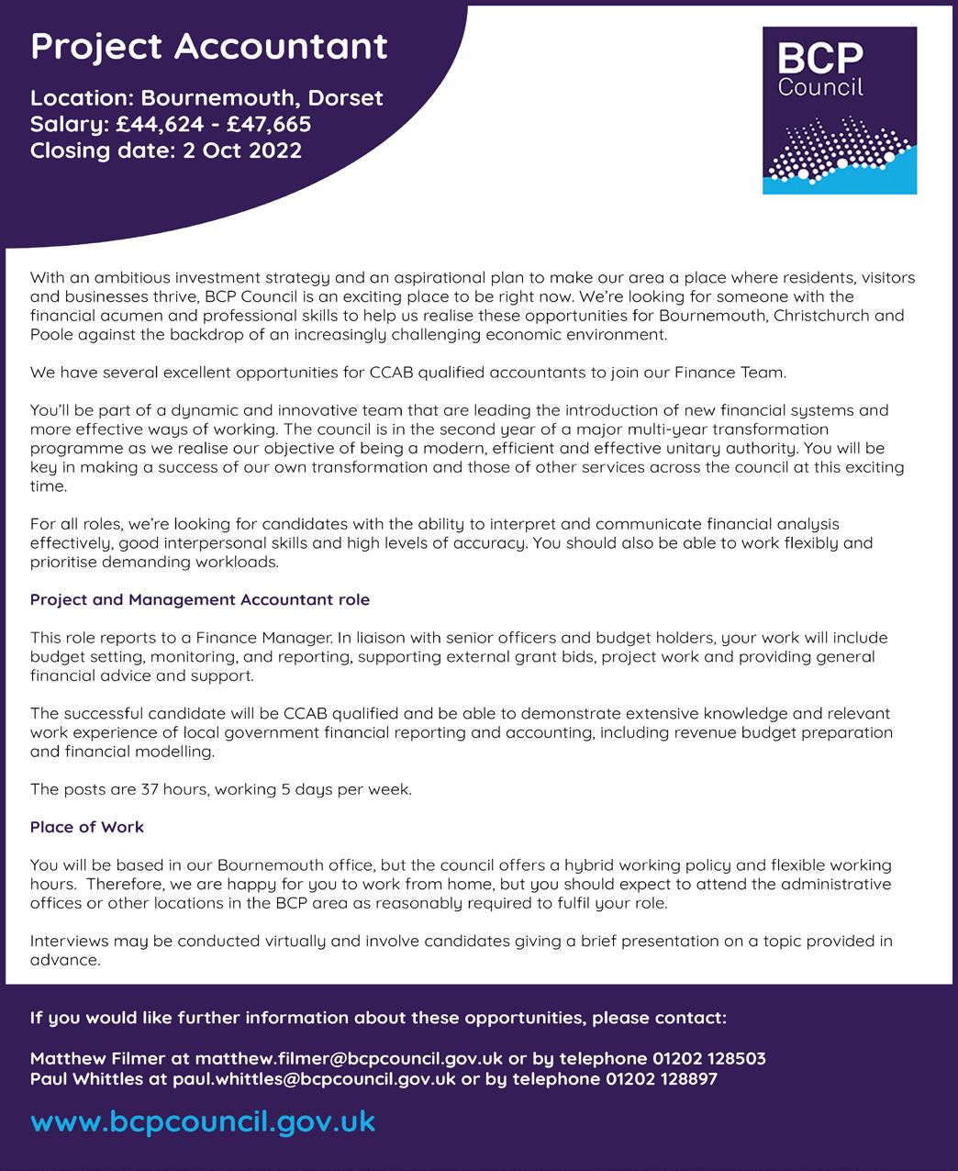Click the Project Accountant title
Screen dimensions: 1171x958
pos(209,47)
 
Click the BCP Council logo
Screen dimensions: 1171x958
pos(839,110)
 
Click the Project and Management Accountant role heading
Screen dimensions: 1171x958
pos(200,600)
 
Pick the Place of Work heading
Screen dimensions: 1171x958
pos(87,827)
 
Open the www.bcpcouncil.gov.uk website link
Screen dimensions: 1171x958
pos(203,1121)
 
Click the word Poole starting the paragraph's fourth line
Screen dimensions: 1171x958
pos(50,335)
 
